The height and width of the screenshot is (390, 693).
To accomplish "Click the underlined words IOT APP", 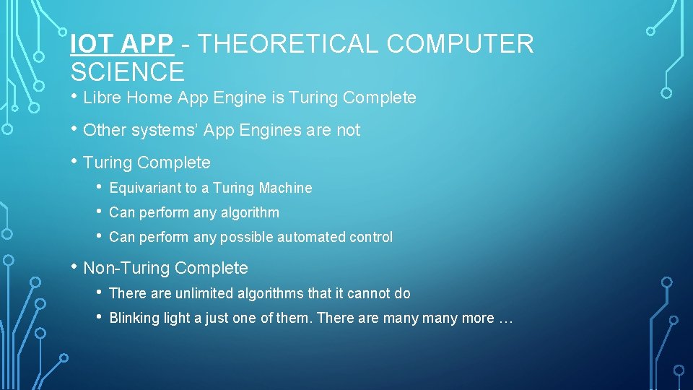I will coord(122,44).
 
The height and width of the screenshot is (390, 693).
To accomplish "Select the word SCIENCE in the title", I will coord(128,72).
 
